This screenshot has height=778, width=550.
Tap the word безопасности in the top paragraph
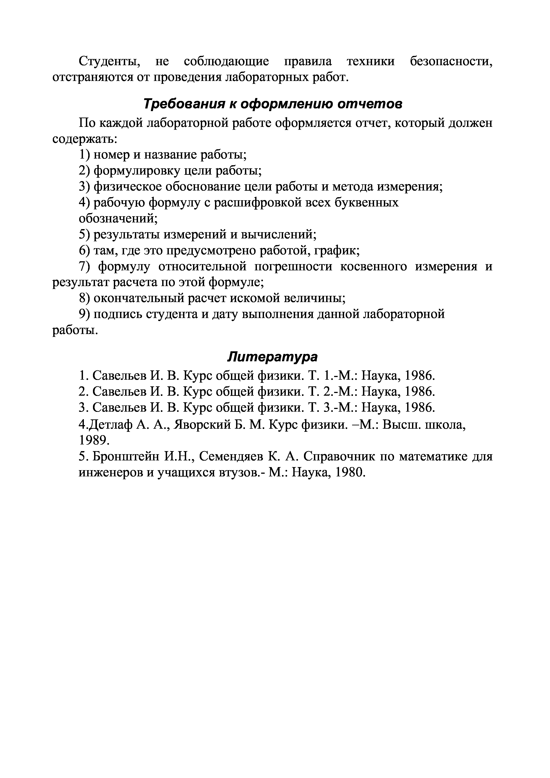click(x=451, y=61)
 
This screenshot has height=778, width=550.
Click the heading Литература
click(x=273, y=356)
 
